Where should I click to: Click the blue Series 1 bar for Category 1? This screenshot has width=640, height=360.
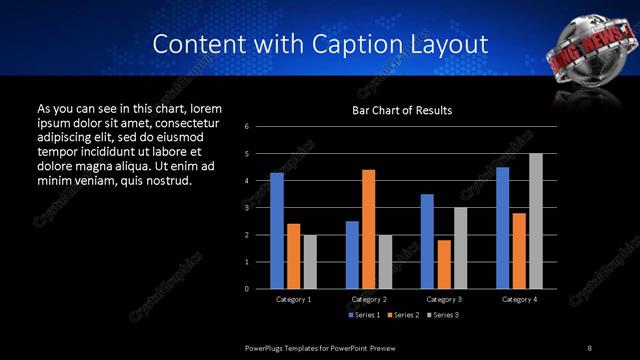point(277,231)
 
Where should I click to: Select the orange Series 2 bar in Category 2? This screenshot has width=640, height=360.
point(368,229)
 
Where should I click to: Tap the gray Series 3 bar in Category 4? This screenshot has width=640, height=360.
point(535,221)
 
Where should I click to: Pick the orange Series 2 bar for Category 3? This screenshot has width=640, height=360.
point(443,264)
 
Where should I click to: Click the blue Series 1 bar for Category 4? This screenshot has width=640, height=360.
point(502,228)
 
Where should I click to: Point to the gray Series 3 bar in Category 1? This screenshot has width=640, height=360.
point(309,262)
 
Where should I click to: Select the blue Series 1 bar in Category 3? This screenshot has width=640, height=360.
point(427,241)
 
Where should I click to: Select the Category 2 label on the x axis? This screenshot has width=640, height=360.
point(369,299)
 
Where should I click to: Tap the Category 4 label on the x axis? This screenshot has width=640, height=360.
point(519,299)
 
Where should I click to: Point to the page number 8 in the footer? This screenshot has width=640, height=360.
point(589,346)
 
